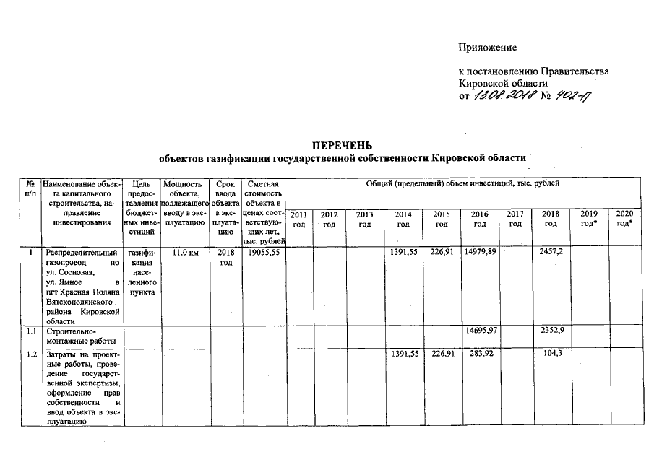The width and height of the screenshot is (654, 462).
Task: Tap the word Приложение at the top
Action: [x=488, y=48]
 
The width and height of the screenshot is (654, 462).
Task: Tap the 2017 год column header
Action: [x=515, y=219]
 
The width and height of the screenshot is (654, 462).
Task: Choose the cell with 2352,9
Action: [x=551, y=330]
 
